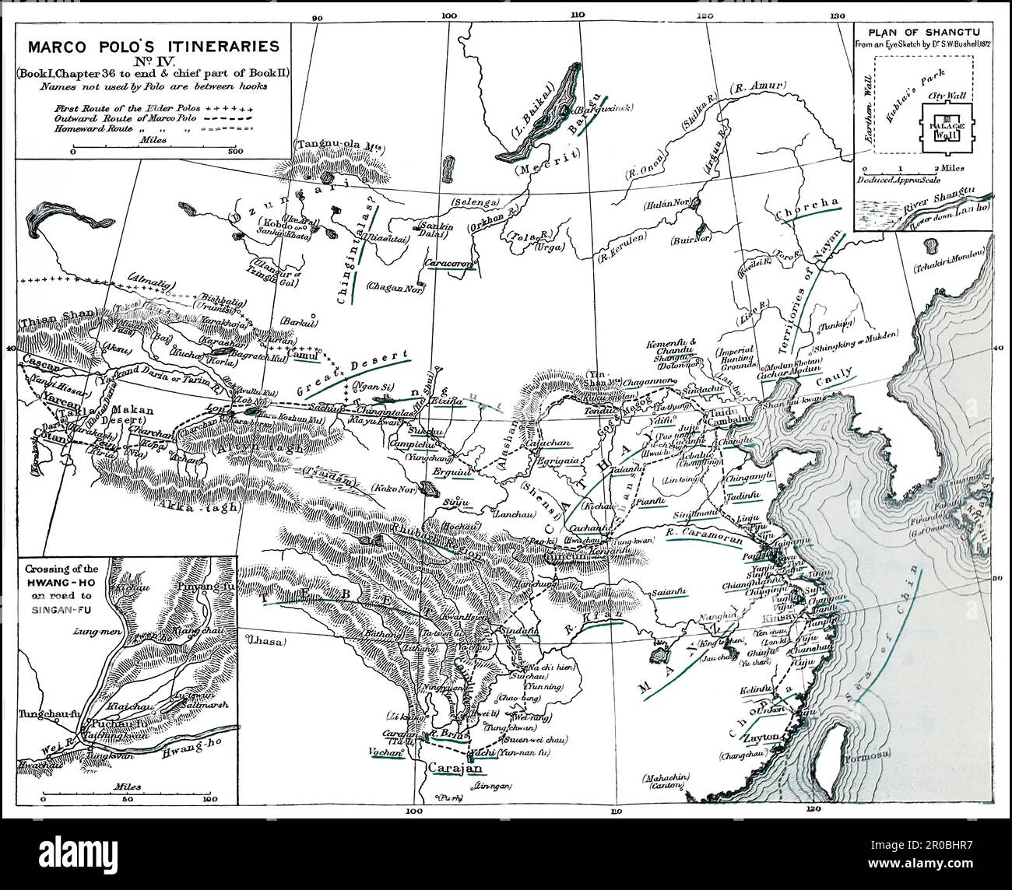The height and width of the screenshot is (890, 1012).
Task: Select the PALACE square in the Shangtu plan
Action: pos(947,128)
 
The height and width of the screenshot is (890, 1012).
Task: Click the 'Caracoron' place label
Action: pos(449,265)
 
